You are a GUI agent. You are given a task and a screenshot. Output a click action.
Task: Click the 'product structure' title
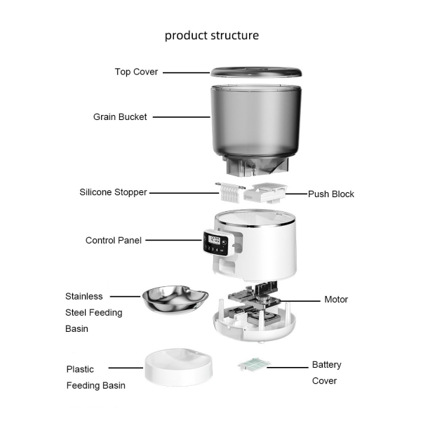[212, 36]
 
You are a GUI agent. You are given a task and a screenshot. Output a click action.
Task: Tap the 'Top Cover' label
[136, 72]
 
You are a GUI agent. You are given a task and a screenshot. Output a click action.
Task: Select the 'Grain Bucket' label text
[120, 117]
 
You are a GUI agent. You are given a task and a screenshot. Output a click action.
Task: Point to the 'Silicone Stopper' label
[113, 192]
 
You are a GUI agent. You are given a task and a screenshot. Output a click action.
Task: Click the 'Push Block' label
[330, 194]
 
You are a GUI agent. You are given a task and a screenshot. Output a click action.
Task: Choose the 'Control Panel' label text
[113, 240]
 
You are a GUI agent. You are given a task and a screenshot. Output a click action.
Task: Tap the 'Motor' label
[336, 300]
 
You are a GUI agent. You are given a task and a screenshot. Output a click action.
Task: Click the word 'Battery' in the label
[326, 365]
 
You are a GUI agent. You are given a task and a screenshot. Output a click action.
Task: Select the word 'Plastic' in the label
[80, 370]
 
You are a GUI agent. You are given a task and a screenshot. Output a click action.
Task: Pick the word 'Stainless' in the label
[83, 296]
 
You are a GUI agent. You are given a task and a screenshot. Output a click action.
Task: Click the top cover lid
[256, 72]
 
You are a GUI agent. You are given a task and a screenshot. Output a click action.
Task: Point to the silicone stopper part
[230, 192]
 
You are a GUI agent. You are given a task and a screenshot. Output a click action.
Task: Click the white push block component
[265, 194]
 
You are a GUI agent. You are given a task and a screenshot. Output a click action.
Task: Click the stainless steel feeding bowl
[175, 300]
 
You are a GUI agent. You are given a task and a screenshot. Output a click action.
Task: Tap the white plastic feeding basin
[178, 367]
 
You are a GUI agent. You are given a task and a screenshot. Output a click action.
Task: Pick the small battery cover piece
[254, 364]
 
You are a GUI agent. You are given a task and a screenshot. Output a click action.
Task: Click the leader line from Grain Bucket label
[182, 117]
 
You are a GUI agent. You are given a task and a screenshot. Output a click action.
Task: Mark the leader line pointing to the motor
[299, 301]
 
